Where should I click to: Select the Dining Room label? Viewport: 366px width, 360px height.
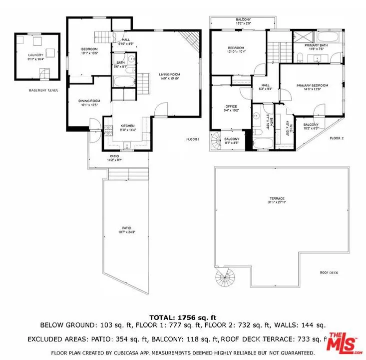(x=89, y=101)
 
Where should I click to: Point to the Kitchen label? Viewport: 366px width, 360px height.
(x=127, y=125)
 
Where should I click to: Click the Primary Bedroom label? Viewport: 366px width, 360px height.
(x=312, y=85)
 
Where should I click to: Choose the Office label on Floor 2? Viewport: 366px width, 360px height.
(x=231, y=106)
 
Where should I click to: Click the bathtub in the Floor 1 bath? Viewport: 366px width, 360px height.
(x=123, y=82)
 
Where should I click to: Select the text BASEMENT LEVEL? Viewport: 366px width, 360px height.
(x=43, y=90)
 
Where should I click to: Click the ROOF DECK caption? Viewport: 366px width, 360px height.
(x=329, y=272)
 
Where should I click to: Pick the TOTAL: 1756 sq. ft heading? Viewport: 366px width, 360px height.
(x=183, y=317)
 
